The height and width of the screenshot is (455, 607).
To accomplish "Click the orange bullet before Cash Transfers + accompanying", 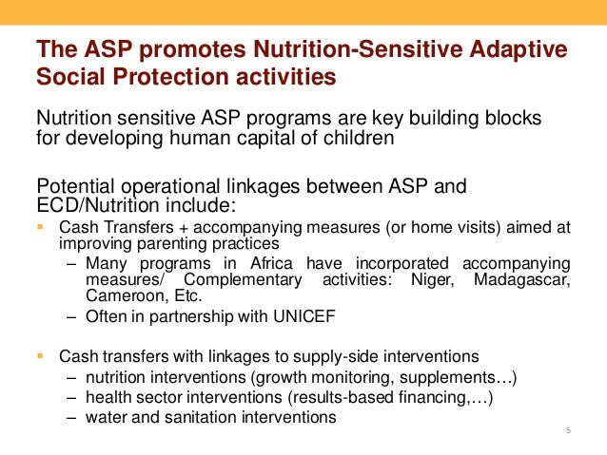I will click(40, 227).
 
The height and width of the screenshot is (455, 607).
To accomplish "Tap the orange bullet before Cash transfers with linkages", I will click(40, 357).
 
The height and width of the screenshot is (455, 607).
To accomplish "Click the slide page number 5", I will click(567, 433).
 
